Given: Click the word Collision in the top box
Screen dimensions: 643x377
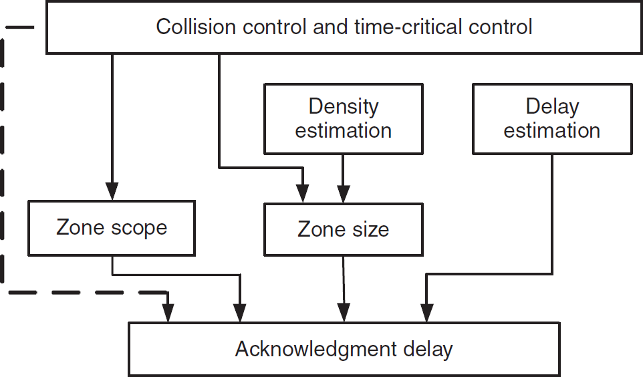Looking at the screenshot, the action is pos(196,27).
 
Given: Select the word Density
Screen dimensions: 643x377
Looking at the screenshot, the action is pos(344,107).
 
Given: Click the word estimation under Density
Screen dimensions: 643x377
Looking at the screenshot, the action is pos(344,130).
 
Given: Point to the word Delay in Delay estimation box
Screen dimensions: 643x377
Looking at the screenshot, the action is pos(552,107).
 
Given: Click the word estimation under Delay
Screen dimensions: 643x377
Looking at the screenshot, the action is pos(552,130).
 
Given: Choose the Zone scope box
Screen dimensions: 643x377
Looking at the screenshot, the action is pos(112,228).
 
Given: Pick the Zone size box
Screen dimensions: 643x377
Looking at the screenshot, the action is pos(344,229).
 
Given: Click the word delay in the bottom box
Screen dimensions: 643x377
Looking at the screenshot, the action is pos(428,350).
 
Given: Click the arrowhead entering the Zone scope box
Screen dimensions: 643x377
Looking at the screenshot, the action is pos(112,192).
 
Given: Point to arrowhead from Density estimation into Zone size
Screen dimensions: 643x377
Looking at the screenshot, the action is pos(344,194).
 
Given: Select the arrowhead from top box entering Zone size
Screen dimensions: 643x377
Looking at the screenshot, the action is pos(303,194).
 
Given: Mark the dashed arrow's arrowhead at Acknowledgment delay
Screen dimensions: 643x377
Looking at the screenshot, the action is pos(168,313).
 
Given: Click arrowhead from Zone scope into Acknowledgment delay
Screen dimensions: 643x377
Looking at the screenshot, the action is pos(240,313).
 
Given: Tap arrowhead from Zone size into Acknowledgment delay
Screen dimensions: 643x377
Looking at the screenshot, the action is pos(344,313).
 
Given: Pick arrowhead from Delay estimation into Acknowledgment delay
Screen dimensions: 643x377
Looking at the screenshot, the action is pos(427,313).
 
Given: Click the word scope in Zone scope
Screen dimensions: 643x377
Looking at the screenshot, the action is pos(139,229).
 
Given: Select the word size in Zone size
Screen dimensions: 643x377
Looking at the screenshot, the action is pos(370,229).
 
